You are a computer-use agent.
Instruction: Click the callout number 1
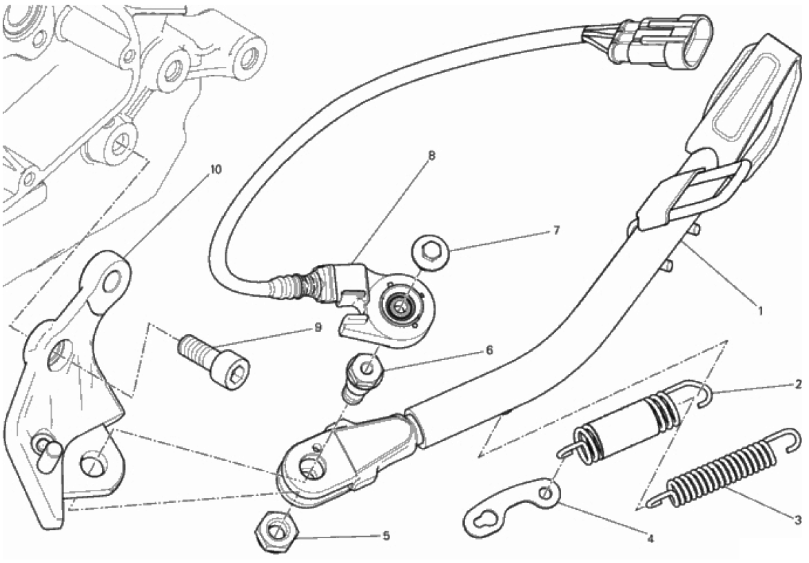759,311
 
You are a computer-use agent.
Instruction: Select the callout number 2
798,384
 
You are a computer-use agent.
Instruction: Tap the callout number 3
798,519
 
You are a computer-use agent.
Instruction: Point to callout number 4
650,539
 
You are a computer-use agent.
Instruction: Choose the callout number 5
386,535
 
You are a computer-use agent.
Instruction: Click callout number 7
555,230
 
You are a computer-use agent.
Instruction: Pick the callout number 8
431,155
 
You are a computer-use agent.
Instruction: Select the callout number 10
216,169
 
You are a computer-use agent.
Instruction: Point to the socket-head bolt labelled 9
214,359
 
